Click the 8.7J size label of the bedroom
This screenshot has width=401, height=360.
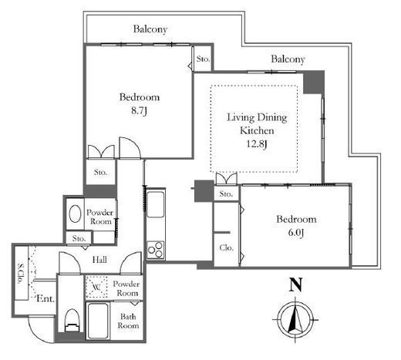coord(139,111)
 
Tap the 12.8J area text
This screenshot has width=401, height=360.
coord(257,144)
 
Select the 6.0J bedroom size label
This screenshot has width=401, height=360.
coord(296,233)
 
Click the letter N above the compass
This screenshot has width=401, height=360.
coord(295,284)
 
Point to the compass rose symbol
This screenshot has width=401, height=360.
coord(295,320)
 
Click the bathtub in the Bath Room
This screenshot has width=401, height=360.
coord(97,321)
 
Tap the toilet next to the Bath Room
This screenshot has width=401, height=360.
coord(72,321)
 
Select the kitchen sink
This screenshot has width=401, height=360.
coord(155,204)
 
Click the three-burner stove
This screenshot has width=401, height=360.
coord(156,250)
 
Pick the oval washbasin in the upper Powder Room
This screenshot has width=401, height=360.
coord(76,214)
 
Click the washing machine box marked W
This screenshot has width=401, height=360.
coord(96,287)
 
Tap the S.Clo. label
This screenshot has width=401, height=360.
coord(20,273)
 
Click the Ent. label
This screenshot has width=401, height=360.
coord(45,298)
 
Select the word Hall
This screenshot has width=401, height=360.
coord(99,260)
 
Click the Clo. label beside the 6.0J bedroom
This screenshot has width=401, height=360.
coord(227,247)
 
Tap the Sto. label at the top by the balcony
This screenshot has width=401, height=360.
coord(203,59)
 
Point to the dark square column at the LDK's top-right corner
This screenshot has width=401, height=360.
coord(314,82)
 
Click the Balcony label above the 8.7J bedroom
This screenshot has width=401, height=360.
coord(150,29)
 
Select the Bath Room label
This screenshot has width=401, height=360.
coord(128,321)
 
